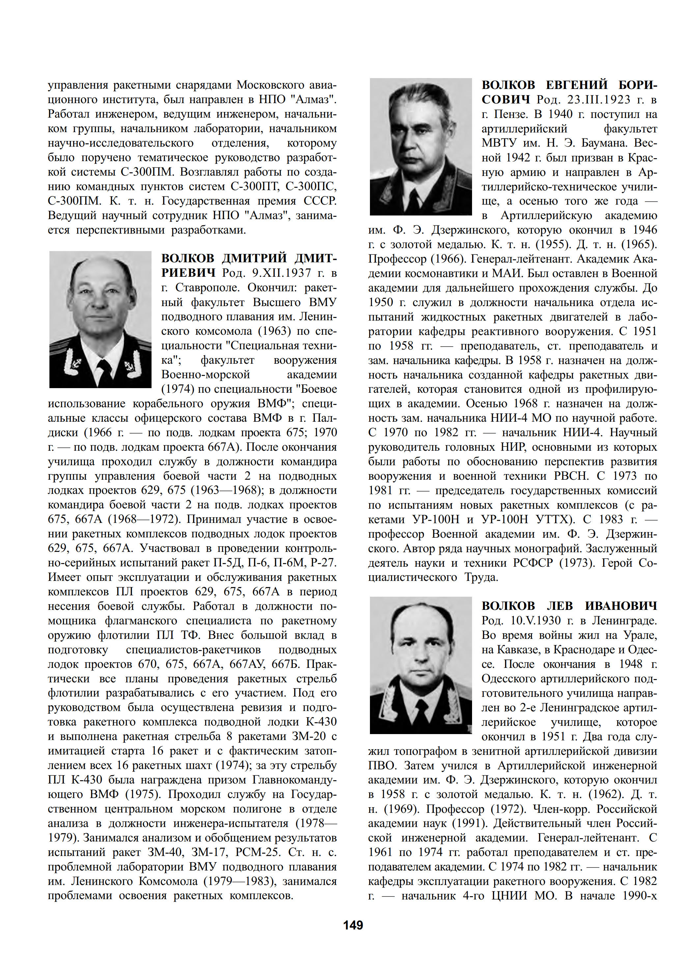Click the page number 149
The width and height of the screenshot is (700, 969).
pyautogui.click(x=353, y=925)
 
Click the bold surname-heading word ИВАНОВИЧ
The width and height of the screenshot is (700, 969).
pyautogui.click(x=621, y=606)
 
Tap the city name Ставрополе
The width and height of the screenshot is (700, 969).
pyautogui.click(x=207, y=288)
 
